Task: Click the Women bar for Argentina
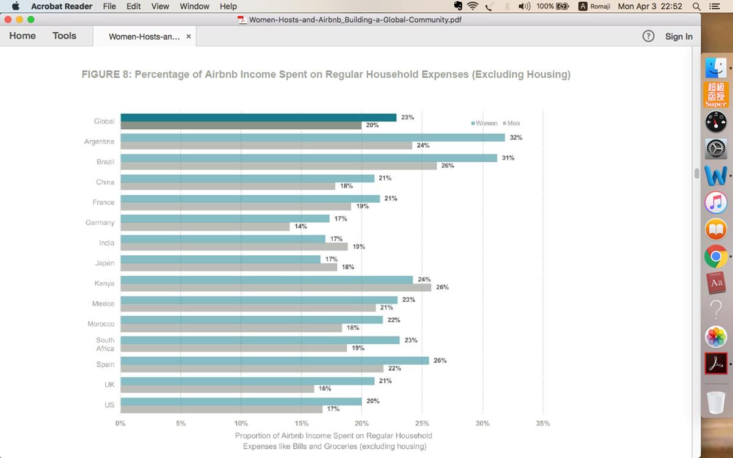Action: point(312,137)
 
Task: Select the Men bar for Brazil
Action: point(279,165)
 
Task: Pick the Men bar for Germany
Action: point(205,227)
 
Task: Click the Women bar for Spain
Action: point(274,360)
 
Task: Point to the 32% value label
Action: point(516,137)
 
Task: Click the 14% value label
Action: point(301,227)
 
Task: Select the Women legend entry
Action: point(485,123)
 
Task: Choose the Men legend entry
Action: point(512,123)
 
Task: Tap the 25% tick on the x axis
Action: point(422,423)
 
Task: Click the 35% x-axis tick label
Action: point(542,423)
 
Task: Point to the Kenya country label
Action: point(104,283)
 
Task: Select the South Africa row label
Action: point(105,344)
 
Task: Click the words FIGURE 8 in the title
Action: point(105,75)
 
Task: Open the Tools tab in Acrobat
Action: point(64,36)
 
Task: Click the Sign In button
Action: point(679,37)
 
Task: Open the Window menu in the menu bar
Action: point(194,6)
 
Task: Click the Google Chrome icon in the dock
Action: point(716,256)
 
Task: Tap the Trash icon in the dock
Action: point(715,402)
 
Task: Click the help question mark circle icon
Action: point(649,37)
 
